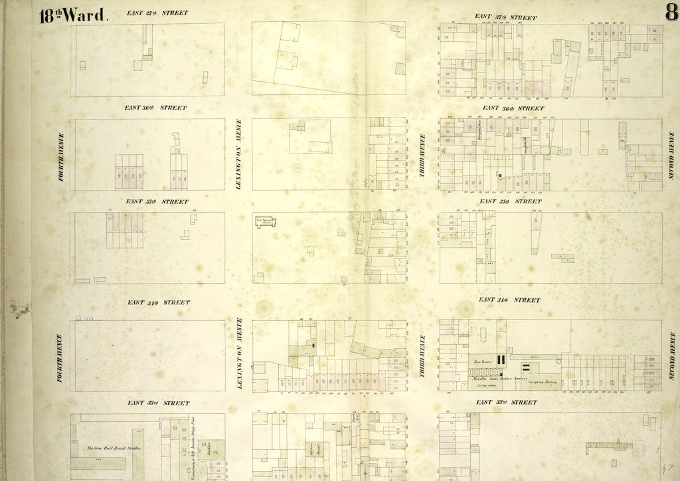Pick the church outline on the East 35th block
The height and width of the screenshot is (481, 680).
pos(266,223)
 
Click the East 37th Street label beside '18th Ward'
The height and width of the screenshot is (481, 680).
pos(156,13)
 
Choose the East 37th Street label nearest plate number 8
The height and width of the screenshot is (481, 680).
pos(506,17)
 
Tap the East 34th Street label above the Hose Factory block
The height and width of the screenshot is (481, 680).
pos(509,300)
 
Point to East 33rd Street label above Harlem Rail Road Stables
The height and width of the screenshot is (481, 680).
pos(158,403)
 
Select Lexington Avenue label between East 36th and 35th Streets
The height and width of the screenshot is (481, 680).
pos(239,154)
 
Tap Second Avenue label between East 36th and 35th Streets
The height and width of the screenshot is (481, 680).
pos(671,155)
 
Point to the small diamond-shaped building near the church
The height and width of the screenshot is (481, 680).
pos(303,260)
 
